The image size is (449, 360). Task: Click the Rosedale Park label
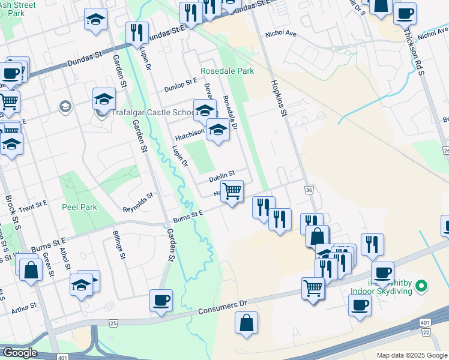(x=228, y=71)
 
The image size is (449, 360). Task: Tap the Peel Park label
(x=79, y=206)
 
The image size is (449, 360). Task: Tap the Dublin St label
(x=221, y=178)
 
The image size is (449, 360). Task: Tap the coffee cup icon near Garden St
(x=160, y=300)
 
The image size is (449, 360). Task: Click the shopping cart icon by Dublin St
(x=232, y=191)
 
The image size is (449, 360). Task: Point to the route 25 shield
(x=113, y=323)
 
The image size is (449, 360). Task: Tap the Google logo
(x=20, y=353)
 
